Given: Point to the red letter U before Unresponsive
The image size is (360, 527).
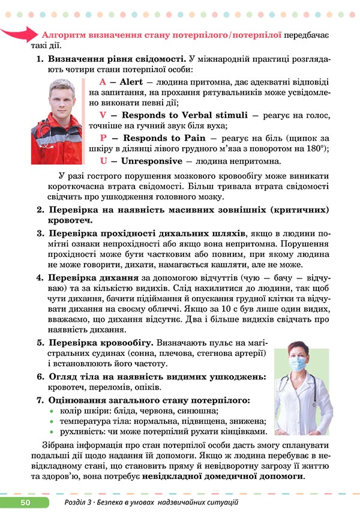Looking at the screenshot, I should click(x=103, y=161).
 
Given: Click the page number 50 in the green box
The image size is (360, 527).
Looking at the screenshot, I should click(x=25, y=502).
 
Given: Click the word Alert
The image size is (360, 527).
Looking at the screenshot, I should click(x=131, y=82).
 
